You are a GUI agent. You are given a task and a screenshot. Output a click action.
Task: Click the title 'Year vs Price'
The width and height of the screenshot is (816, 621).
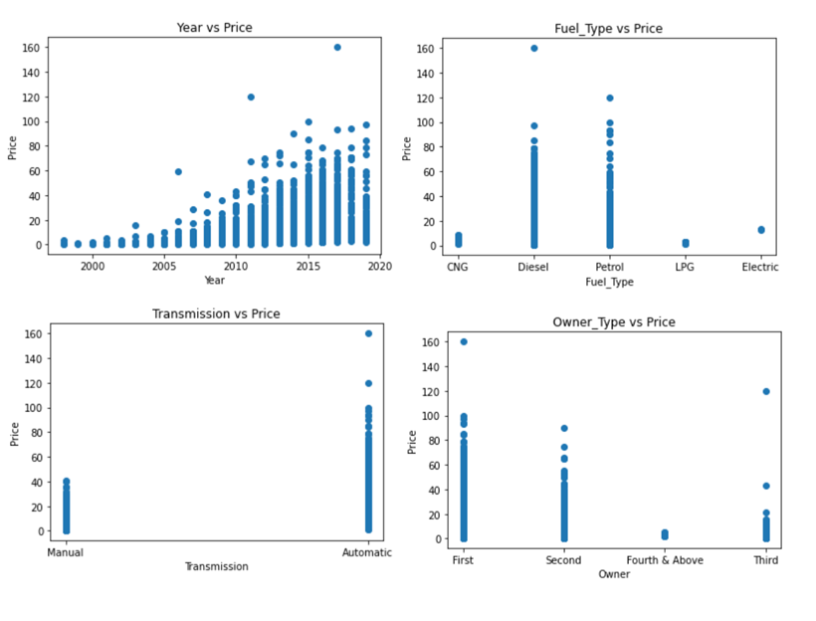(x=215, y=28)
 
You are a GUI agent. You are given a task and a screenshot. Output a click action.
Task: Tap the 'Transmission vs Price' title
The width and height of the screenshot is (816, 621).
(x=216, y=313)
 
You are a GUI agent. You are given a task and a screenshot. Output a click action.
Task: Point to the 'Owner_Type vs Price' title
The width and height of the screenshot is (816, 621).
(x=613, y=322)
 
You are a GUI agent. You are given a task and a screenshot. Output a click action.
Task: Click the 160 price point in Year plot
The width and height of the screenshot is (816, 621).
(x=337, y=47)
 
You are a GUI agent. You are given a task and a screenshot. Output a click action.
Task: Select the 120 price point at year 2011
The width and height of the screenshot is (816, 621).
(x=251, y=97)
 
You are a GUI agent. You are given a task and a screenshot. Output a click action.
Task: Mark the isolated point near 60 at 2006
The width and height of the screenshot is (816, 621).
(x=178, y=171)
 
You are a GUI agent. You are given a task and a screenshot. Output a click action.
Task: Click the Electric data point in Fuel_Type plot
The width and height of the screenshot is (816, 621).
(x=761, y=230)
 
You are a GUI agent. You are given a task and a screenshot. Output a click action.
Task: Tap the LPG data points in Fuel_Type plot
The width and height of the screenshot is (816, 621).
(x=685, y=243)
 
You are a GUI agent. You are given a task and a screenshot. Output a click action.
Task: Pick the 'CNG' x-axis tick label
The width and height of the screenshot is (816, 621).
(x=458, y=267)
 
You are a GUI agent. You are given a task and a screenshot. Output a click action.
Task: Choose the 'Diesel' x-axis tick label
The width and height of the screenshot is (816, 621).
(x=533, y=267)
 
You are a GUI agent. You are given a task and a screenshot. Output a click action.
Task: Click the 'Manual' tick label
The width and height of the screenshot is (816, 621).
(x=66, y=552)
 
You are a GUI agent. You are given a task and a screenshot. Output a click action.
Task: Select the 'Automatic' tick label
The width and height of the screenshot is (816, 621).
(x=367, y=552)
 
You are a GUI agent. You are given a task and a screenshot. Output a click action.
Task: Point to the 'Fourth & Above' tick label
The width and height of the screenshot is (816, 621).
(x=665, y=560)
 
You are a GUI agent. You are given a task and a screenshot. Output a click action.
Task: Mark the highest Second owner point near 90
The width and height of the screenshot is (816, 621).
(x=563, y=428)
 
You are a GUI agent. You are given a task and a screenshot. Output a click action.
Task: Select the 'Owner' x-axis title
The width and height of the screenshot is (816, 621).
(x=614, y=574)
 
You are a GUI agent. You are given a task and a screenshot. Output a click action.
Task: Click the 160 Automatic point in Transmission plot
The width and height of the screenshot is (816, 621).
(x=368, y=333)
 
